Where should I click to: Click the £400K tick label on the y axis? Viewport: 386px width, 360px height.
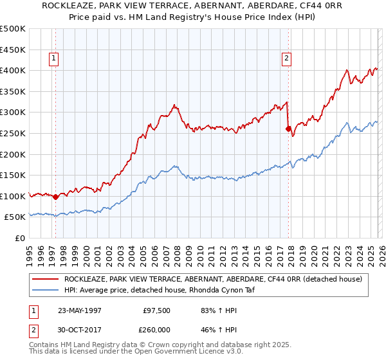(x=13, y=70)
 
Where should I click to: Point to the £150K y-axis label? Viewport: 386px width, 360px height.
(x=13, y=175)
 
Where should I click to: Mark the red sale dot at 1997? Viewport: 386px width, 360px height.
(x=56, y=197)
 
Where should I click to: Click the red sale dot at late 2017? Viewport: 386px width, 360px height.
(x=288, y=129)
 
